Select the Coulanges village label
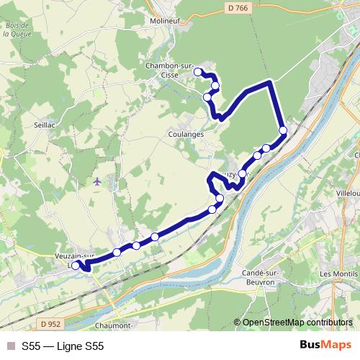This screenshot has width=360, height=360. click(186, 134)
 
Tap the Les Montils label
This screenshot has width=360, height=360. click(338, 274)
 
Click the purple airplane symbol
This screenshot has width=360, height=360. click(97, 181)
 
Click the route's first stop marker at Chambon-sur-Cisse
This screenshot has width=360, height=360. click(198, 72)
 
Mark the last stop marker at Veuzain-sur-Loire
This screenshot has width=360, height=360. click(76, 266)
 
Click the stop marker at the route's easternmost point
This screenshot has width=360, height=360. click(283, 130)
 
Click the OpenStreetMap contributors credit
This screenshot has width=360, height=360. click(297, 323)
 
